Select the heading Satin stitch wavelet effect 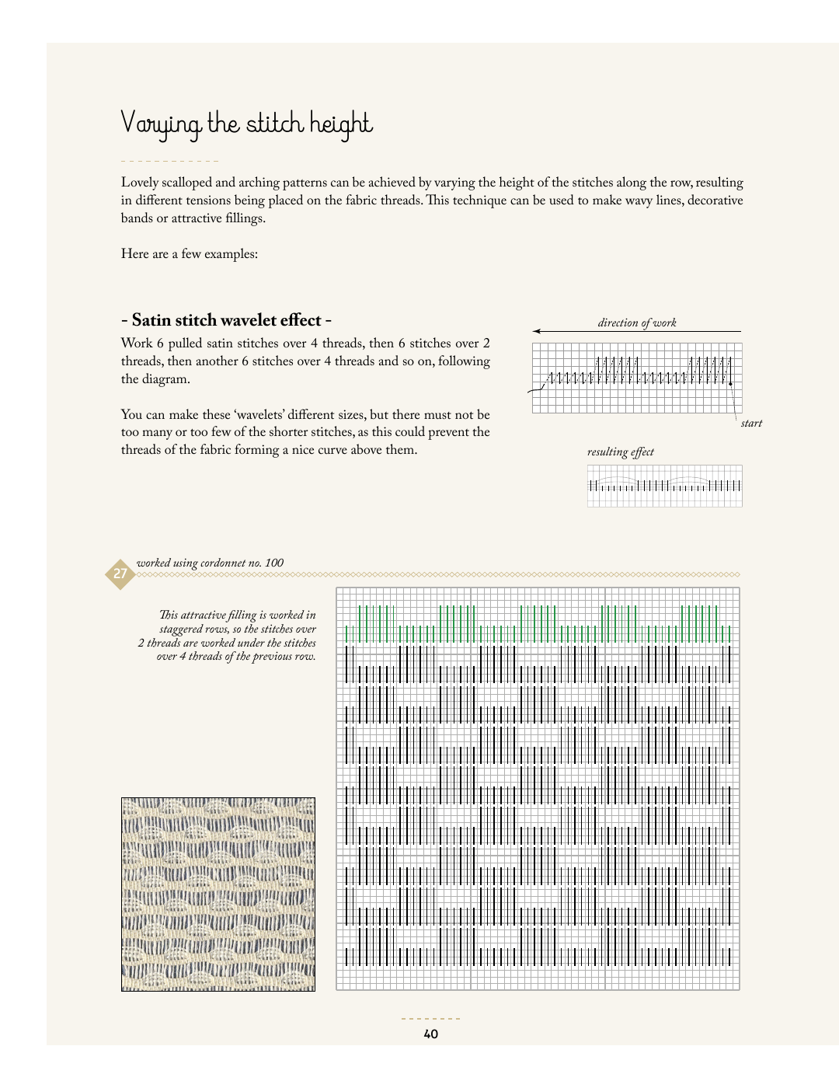[x=227, y=320]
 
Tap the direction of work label [x=637, y=323]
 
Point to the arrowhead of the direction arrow [x=537, y=331]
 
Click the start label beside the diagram [x=751, y=424]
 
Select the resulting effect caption [x=620, y=452]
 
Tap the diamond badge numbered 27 [x=120, y=574]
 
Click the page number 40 [x=430, y=1034]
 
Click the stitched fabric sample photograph [x=218, y=894]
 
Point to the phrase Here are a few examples [x=190, y=254]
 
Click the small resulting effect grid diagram [x=664, y=486]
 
